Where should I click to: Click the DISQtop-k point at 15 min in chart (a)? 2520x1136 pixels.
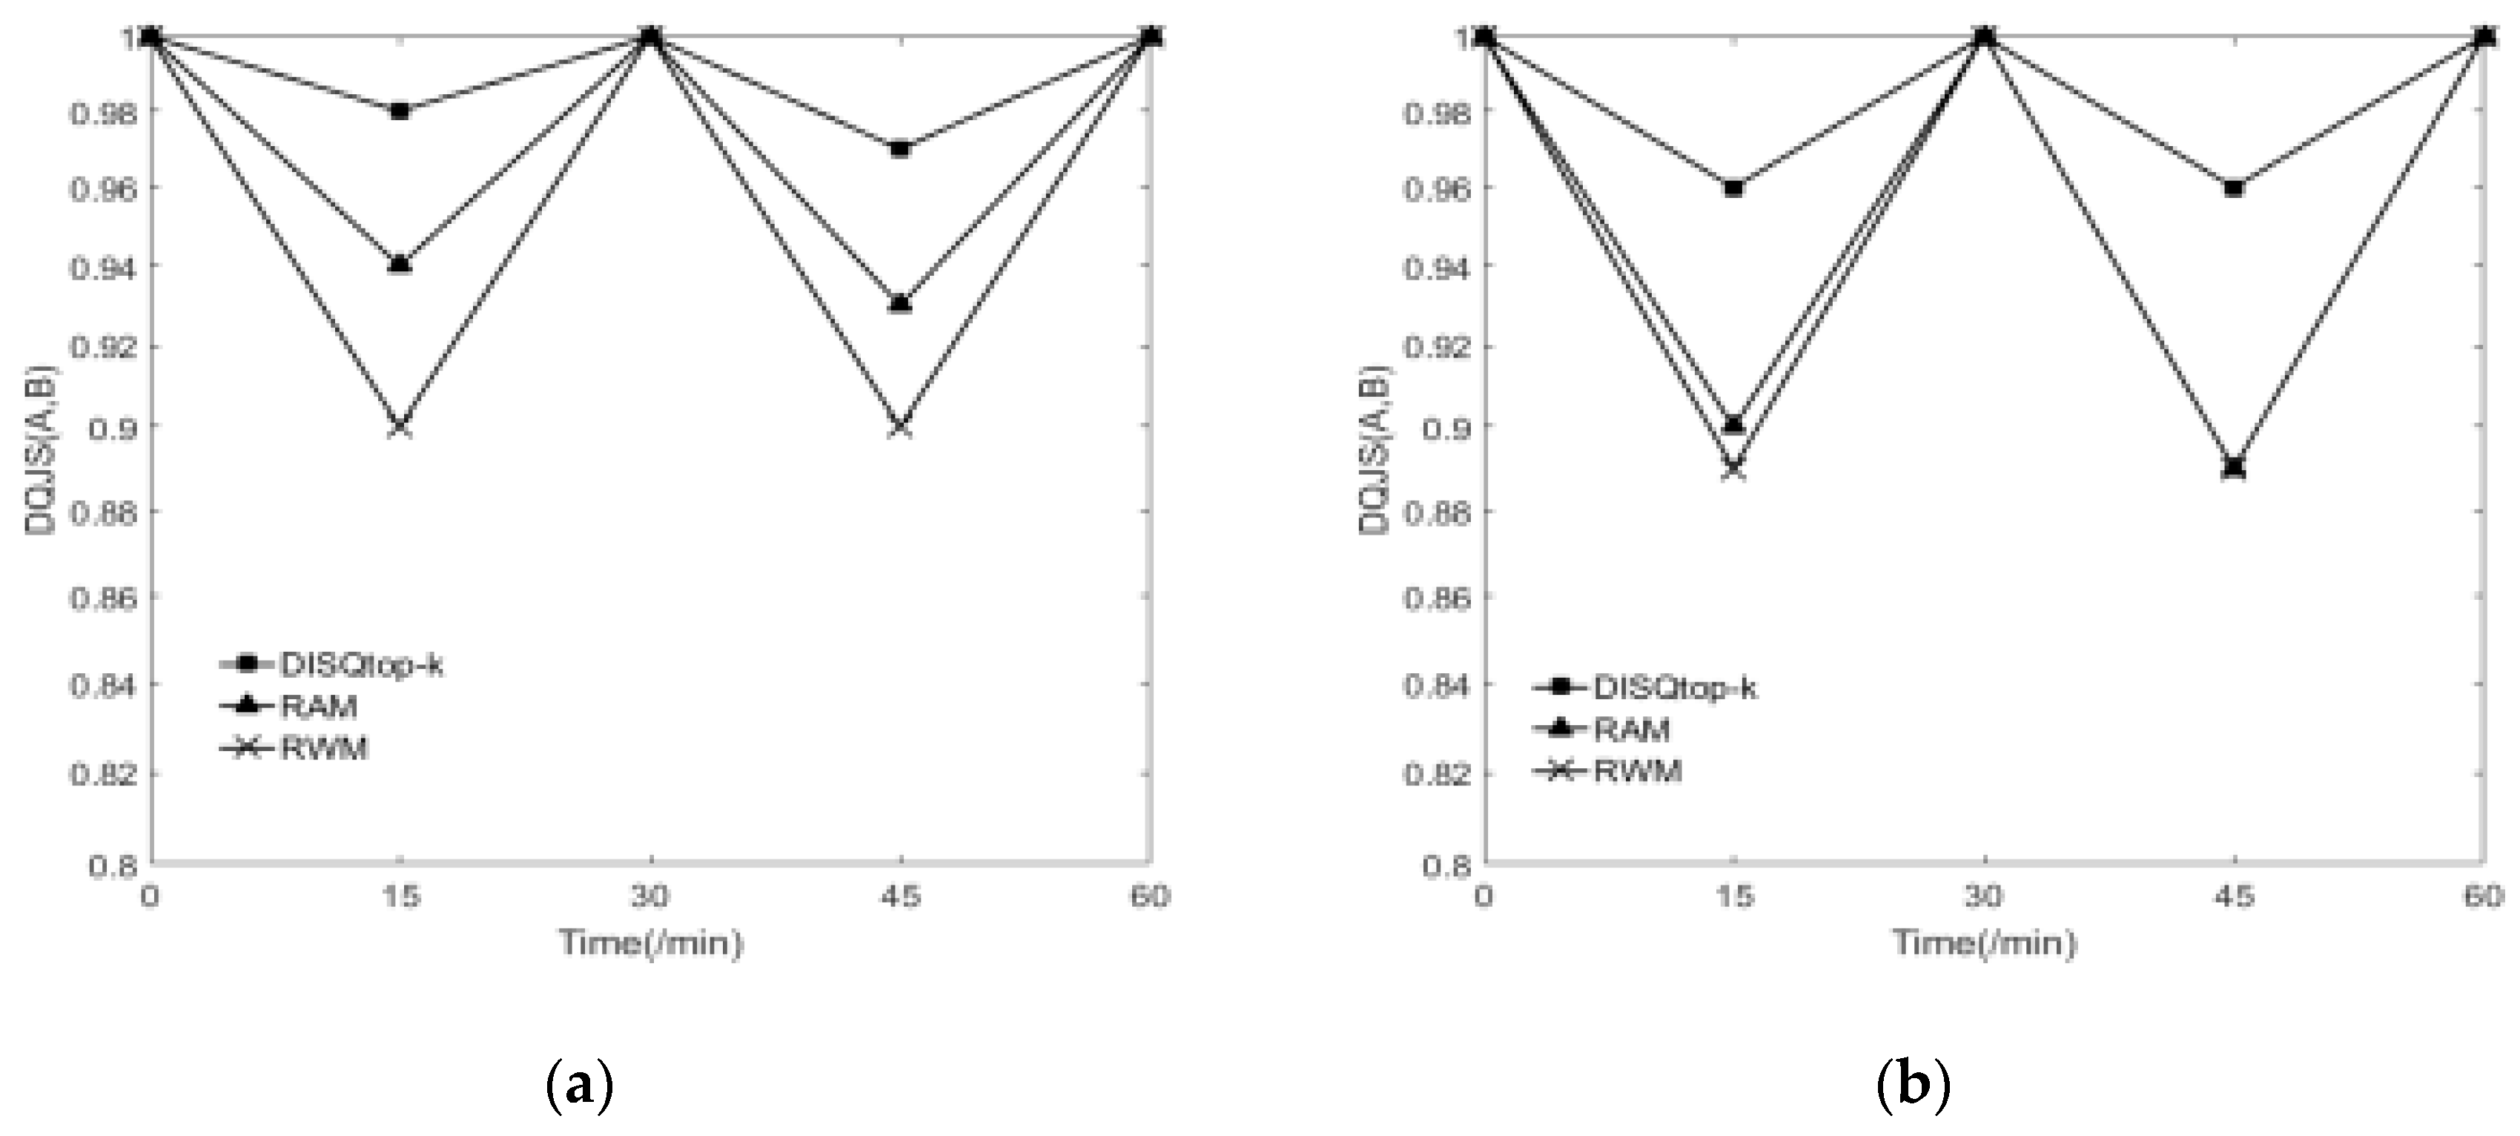tap(399, 110)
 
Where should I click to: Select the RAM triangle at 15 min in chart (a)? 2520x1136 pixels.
tap(399, 264)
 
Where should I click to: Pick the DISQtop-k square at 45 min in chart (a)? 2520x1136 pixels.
tap(900, 149)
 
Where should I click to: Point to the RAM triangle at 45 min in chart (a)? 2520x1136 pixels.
tap(900, 303)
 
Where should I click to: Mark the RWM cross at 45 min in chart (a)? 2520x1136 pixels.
tap(900, 428)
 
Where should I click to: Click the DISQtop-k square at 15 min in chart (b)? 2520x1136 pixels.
tap(1733, 188)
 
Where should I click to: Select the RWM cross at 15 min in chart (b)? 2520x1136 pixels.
tap(1733, 469)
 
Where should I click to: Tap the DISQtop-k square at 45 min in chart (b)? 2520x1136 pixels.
tap(2233, 188)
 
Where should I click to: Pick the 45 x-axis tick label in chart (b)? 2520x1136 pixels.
tap(2235, 896)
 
